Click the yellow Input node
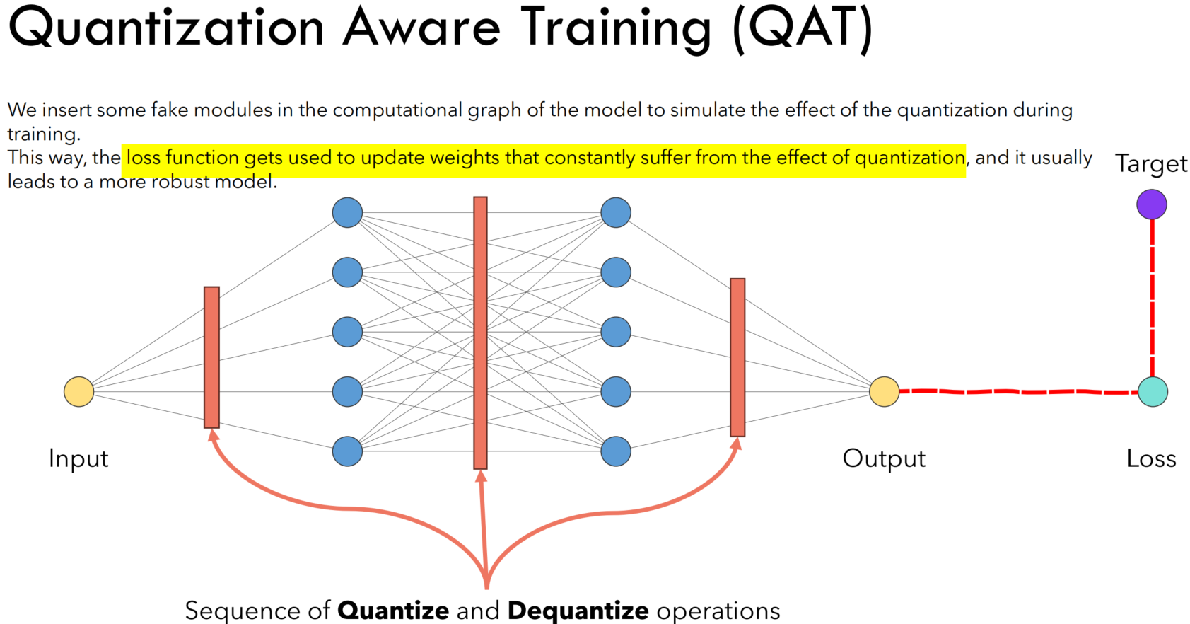[x=78, y=391]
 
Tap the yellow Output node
[x=884, y=391]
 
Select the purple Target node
[x=1151, y=204]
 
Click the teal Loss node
[x=1153, y=391]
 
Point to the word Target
[x=1151, y=164]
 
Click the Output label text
[x=884, y=458]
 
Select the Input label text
[x=78, y=458]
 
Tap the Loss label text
[x=1151, y=458]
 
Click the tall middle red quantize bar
[x=480, y=333]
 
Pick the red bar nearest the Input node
[x=211, y=357]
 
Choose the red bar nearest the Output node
[x=737, y=357]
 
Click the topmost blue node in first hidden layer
[x=347, y=212]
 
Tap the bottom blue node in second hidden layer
[x=616, y=451]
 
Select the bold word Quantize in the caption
[x=393, y=610]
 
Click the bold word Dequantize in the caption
[x=578, y=610]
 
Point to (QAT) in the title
[x=803, y=28]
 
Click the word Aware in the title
[x=422, y=28]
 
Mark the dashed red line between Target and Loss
[x=1153, y=297]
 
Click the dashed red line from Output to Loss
[x=1018, y=391]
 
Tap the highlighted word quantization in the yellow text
[x=909, y=157]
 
